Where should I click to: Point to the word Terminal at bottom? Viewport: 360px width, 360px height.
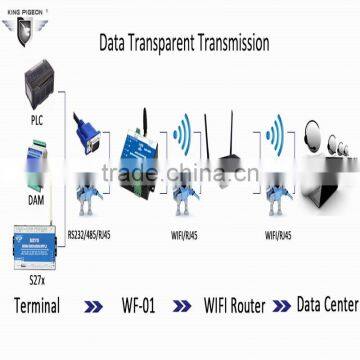point(33,305)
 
